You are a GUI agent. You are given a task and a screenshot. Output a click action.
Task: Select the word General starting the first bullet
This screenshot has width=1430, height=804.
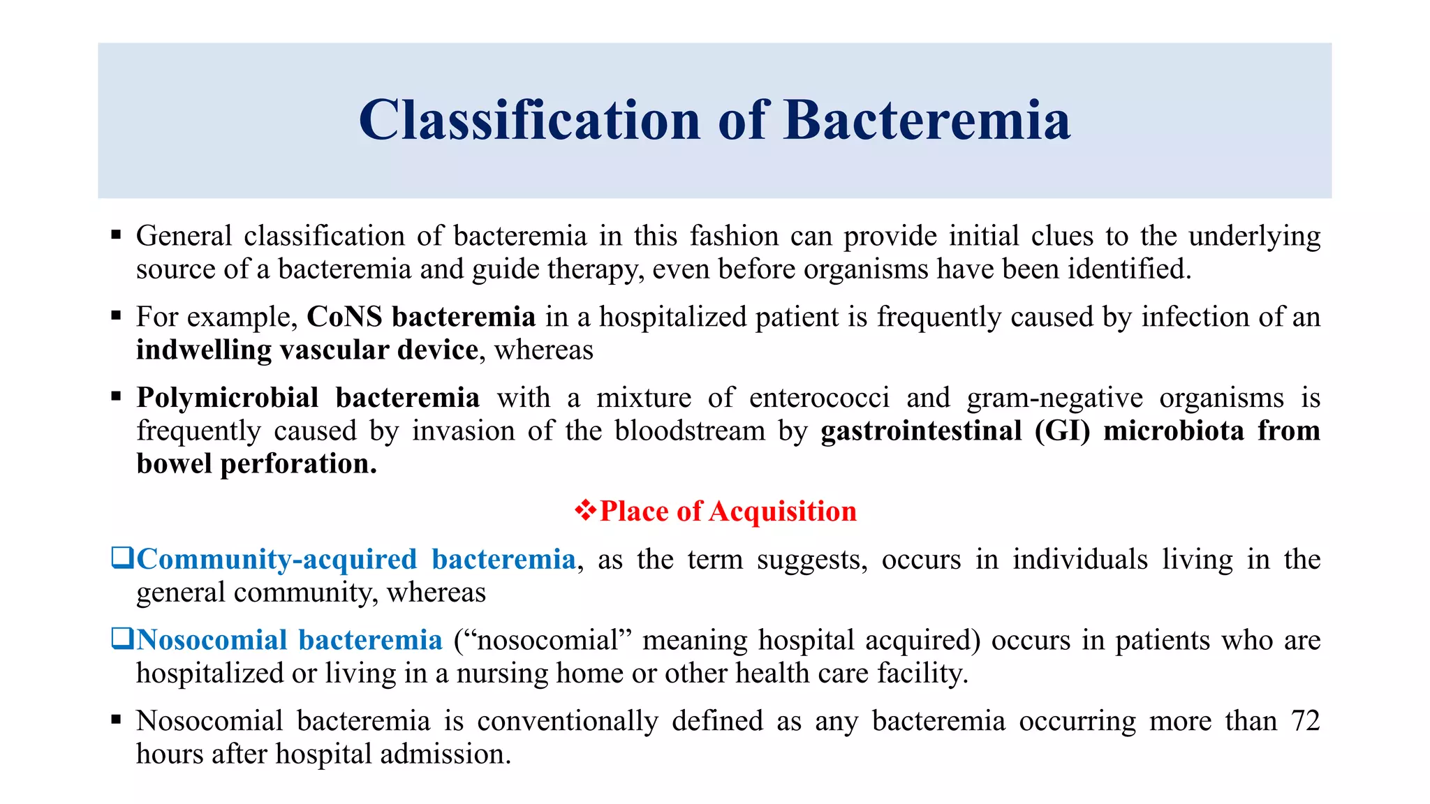(184, 236)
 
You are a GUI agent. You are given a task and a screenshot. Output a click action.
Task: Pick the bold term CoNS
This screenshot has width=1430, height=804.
(345, 317)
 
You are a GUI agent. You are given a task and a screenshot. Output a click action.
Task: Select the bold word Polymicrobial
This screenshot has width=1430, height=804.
(228, 398)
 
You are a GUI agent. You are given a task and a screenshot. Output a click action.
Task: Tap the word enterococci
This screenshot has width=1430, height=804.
(819, 398)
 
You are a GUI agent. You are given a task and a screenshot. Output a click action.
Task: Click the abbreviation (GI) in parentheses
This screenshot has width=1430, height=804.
(1062, 431)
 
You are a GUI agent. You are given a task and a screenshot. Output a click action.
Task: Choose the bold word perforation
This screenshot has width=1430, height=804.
(298, 463)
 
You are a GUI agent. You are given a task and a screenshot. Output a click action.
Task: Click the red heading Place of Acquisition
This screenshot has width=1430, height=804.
(728, 512)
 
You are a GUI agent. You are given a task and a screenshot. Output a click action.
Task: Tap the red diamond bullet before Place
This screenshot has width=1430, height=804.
(585, 511)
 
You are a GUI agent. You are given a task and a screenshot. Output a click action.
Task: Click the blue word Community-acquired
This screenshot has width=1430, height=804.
(277, 560)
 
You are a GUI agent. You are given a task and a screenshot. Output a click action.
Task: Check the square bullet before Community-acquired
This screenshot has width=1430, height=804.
(122, 558)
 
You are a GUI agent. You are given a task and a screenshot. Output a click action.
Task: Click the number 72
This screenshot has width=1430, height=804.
(1305, 721)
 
